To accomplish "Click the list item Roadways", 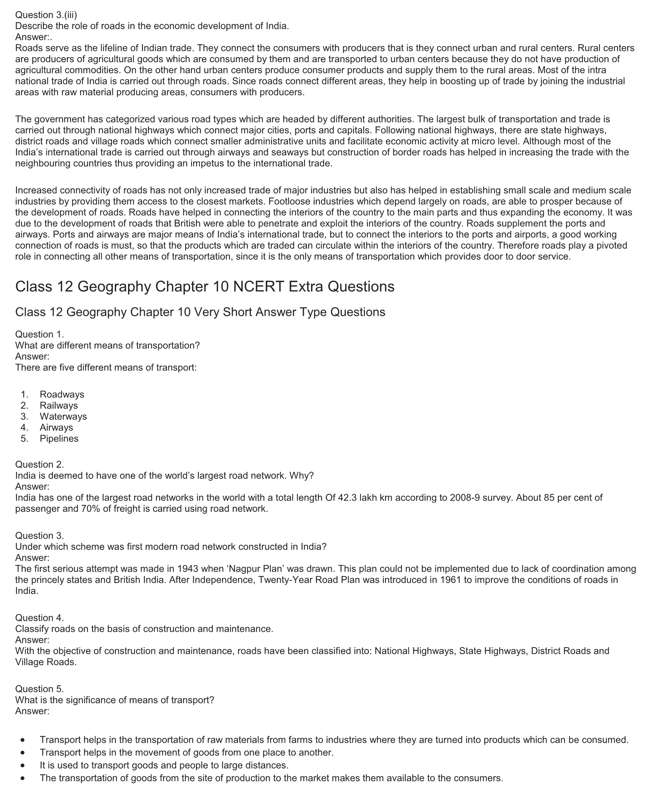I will [x=62, y=394].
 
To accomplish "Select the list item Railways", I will [x=59, y=406].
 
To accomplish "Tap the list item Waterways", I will [x=63, y=417].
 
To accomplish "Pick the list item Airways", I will [x=56, y=427].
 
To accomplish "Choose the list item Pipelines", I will [x=59, y=439].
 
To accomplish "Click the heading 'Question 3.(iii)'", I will [x=46, y=15].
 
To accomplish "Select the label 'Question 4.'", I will [x=40, y=618].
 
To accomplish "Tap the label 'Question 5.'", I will [x=40, y=689].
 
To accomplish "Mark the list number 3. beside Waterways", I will [x=25, y=417].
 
